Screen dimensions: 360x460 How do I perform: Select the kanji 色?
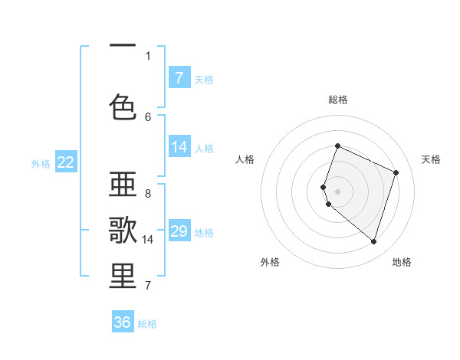click(123, 107)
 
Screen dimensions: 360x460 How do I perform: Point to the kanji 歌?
click(123, 231)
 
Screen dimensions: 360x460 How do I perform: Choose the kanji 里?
click(123, 277)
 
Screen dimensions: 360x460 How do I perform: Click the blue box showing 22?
click(66, 162)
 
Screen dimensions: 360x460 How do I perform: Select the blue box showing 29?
click(179, 231)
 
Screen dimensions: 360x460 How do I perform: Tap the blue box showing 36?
click(123, 322)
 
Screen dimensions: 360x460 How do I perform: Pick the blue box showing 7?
click(179, 77)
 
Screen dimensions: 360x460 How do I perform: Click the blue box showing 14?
click(179, 147)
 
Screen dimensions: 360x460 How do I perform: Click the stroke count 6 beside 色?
click(148, 116)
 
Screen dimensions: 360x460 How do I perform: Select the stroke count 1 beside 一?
click(148, 55)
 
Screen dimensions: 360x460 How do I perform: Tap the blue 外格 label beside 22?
click(41, 163)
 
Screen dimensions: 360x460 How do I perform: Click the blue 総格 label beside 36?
click(147, 324)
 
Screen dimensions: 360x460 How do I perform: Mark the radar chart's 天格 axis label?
click(431, 159)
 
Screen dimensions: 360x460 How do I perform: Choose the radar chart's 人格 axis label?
click(245, 159)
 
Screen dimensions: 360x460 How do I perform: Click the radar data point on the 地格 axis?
click(373, 242)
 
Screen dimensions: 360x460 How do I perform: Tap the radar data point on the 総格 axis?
click(337, 146)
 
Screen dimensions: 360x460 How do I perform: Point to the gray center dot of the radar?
click(337, 191)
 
